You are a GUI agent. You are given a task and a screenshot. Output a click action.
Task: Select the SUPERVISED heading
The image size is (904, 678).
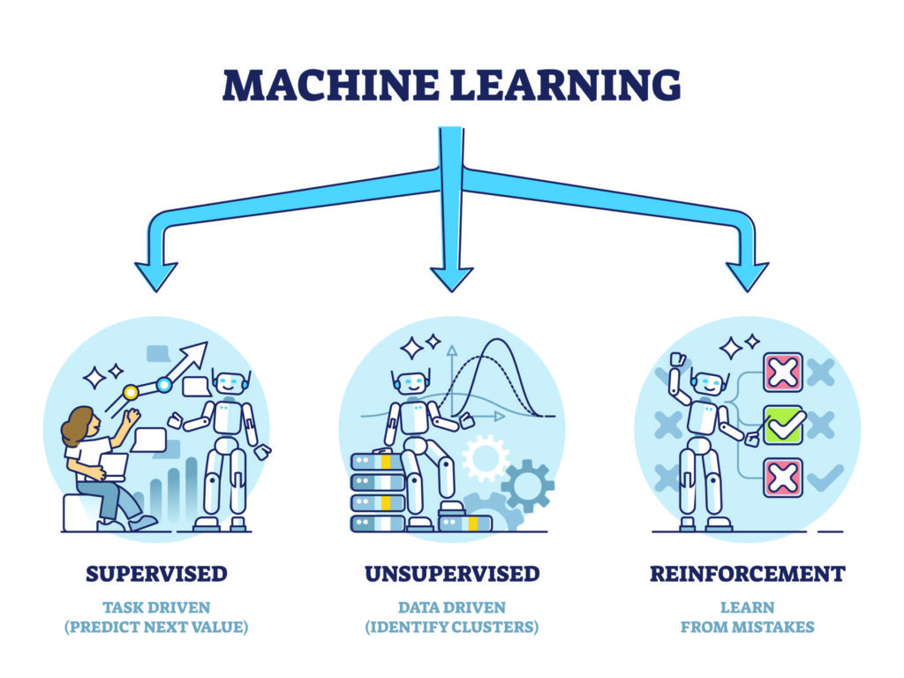tap(156, 574)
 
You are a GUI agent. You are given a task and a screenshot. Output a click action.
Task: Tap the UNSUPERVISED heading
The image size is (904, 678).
tap(451, 574)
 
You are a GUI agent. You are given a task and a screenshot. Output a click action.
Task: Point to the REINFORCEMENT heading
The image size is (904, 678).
tap(747, 574)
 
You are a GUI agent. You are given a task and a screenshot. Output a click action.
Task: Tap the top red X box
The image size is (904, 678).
tap(782, 372)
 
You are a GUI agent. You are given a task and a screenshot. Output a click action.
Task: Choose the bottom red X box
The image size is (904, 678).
tap(782, 478)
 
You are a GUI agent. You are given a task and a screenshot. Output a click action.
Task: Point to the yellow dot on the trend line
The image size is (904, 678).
tap(131, 391)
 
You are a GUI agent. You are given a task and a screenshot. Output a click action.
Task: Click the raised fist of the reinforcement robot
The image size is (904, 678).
tap(677, 359)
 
